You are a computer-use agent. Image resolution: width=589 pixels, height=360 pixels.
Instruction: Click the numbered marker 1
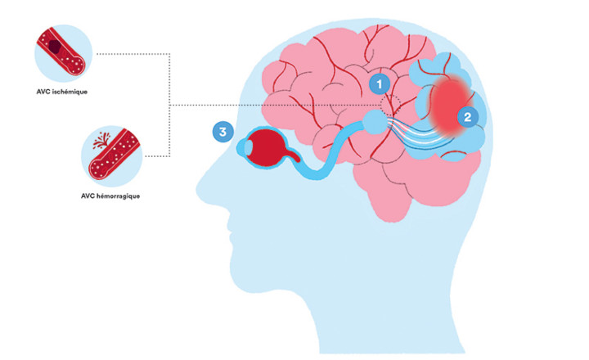(x=377, y=83)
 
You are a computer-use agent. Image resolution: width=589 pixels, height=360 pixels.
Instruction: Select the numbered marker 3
(x=221, y=132)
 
